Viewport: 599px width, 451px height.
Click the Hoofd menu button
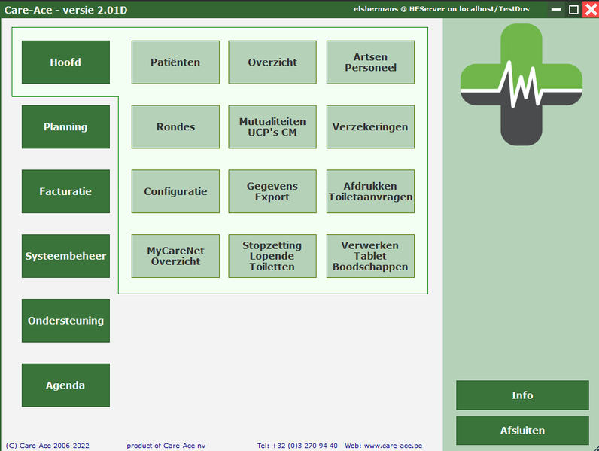pos(65,62)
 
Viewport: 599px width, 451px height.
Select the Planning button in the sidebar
pos(65,127)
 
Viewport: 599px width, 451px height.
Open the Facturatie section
pos(65,191)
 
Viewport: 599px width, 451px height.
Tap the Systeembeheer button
pos(65,256)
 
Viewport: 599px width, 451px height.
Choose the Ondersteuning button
pos(65,321)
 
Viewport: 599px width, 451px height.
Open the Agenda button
pos(65,385)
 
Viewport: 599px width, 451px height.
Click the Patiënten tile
pos(176,62)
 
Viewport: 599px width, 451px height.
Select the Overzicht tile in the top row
pos(272,62)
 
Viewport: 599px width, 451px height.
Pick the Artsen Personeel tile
pos(370,62)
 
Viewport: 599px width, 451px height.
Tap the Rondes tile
pos(176,127)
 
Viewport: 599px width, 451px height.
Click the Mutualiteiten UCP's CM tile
pos(272,127)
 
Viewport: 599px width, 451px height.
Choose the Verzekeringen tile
pos(370,127)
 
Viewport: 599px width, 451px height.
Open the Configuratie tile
pos(176,191)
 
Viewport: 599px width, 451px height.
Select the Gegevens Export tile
pos(272,191)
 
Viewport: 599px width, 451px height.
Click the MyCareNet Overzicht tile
pos(176,256)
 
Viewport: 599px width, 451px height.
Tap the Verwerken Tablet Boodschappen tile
pos(370,256)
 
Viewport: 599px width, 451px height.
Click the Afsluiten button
pos(522,431)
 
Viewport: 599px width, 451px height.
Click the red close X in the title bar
pos(591,10)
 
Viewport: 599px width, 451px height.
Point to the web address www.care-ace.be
pos(393,446)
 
